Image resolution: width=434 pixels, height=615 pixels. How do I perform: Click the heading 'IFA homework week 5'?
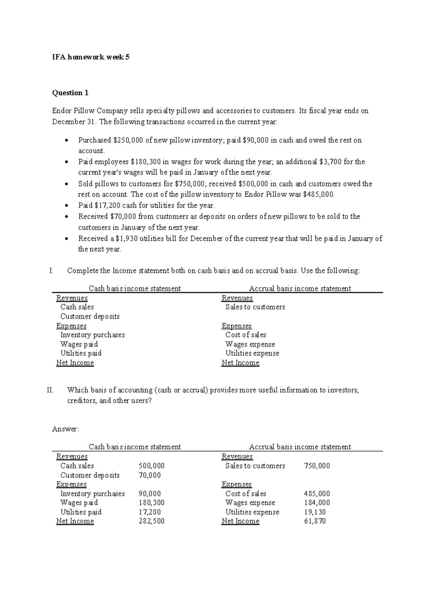(91, 57)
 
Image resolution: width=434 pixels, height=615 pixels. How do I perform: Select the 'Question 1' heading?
(70, 93)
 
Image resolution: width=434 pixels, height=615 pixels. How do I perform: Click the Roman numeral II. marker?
(50, 390)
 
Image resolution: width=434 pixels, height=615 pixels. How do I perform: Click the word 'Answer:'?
(65, 429)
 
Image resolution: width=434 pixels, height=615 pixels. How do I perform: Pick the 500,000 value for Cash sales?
(152, 466)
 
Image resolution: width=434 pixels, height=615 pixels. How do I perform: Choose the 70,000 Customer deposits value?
(150, 475)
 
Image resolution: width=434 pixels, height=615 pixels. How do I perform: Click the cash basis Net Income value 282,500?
(152, 521)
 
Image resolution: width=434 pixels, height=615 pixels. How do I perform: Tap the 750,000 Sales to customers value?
(317, 466)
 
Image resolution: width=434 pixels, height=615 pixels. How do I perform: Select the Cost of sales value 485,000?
(317, 494)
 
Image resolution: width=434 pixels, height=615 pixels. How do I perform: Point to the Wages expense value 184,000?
(317, 503)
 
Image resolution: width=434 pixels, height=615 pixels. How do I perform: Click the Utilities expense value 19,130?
(315, 512)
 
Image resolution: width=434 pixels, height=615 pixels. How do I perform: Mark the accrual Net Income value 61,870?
(315, 521)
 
